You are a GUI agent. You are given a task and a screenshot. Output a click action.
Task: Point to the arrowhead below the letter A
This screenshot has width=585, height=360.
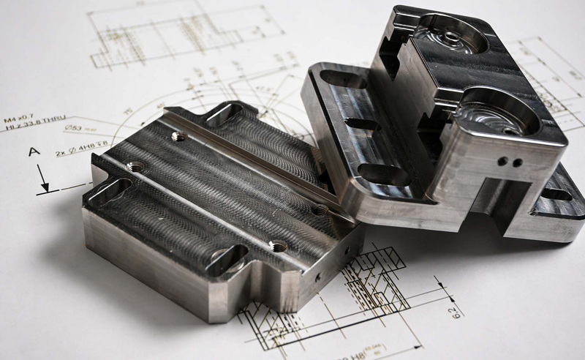pos(45,189)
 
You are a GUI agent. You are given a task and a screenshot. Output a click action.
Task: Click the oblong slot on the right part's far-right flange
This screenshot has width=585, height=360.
pos(559,196)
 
